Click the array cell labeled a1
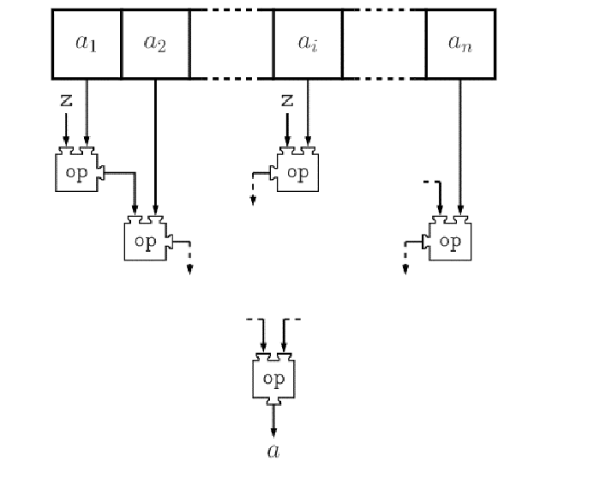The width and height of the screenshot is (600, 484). (x=87, y=44)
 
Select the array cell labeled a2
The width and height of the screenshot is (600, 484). (x=155, y=44)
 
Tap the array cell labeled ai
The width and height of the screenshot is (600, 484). (x=308, y=44)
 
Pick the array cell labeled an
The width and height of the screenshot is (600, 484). (x=460, y=44)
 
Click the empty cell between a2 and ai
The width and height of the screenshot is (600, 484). (x=231, y=44)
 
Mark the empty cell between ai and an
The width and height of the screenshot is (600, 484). (x=384, y=44)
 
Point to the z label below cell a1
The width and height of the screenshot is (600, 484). (x=66, y=100)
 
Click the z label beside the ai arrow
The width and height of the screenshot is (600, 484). (x=287, y=100)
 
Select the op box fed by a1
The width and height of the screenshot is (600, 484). (x=76, y=169)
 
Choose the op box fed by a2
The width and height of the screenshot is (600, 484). (x=147, y=240)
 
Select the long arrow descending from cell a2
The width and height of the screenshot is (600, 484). (x=155, y=146)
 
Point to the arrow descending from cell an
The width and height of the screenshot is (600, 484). (x=460, y=146)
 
